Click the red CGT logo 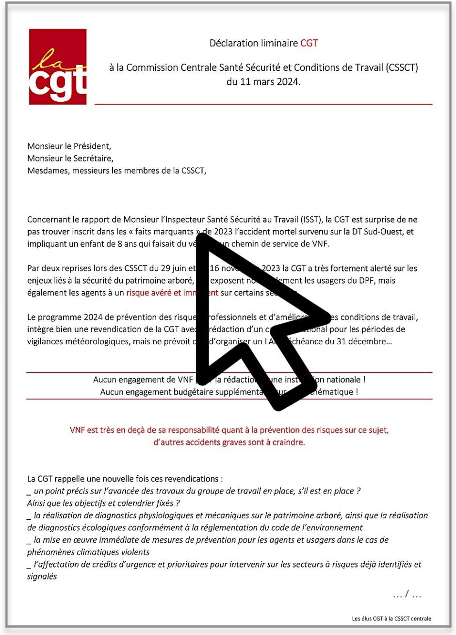click(58, 66)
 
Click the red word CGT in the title click(309, 43)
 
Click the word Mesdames click(48, 171)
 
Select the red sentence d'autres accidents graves click(229, 442)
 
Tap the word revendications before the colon click(189, 479)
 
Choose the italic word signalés click(42, 576)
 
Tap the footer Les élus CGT click(391, 619)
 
